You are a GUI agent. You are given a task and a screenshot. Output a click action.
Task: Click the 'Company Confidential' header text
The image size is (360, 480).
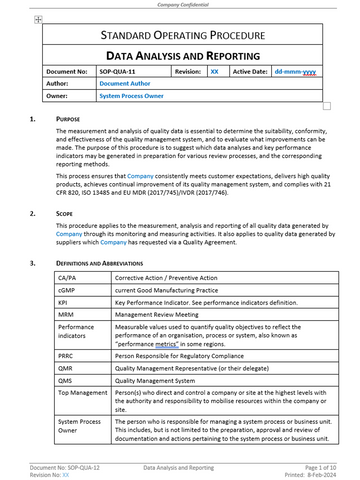(x=180, y=4)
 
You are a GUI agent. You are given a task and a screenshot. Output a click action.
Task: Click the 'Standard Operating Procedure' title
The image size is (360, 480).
(x=180, y=37)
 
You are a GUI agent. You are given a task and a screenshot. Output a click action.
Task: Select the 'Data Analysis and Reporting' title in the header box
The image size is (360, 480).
(x=180, y=59)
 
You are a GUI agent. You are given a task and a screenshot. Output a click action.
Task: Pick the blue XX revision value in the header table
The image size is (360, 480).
(x=214, y=74)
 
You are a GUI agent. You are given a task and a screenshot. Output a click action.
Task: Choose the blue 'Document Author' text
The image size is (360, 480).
(x=125, y=85)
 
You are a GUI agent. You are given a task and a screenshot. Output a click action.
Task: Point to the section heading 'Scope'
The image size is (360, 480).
(x=65, y=214)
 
